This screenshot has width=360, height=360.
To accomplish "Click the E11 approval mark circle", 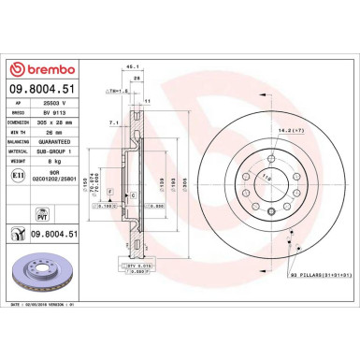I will (18, 175).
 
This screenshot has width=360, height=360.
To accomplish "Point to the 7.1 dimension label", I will (113, 122).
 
